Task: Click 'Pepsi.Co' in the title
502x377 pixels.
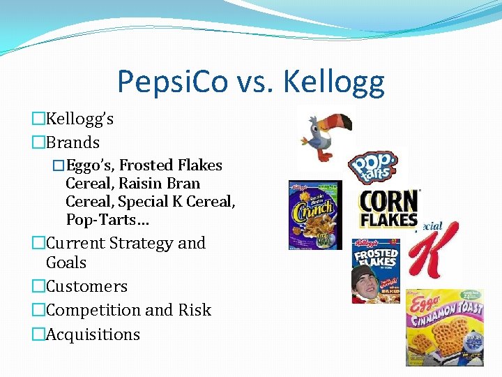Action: [x=172, y=82]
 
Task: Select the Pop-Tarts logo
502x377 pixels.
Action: [x=374, y=168]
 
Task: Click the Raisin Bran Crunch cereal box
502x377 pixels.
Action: [x=316, y=215]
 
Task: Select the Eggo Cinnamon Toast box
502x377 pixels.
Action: [x=444, y=327]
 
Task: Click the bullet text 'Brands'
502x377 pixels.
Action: [x=73, y=142]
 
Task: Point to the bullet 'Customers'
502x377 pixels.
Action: [x=86, y=286]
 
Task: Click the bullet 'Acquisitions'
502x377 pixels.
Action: [x=93, y=334]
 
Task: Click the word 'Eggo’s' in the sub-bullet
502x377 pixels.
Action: [x=90, y=165]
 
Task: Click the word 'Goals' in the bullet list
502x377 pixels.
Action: [x=66, y=263]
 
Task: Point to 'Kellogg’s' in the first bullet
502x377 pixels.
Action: [x=79, y=119]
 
